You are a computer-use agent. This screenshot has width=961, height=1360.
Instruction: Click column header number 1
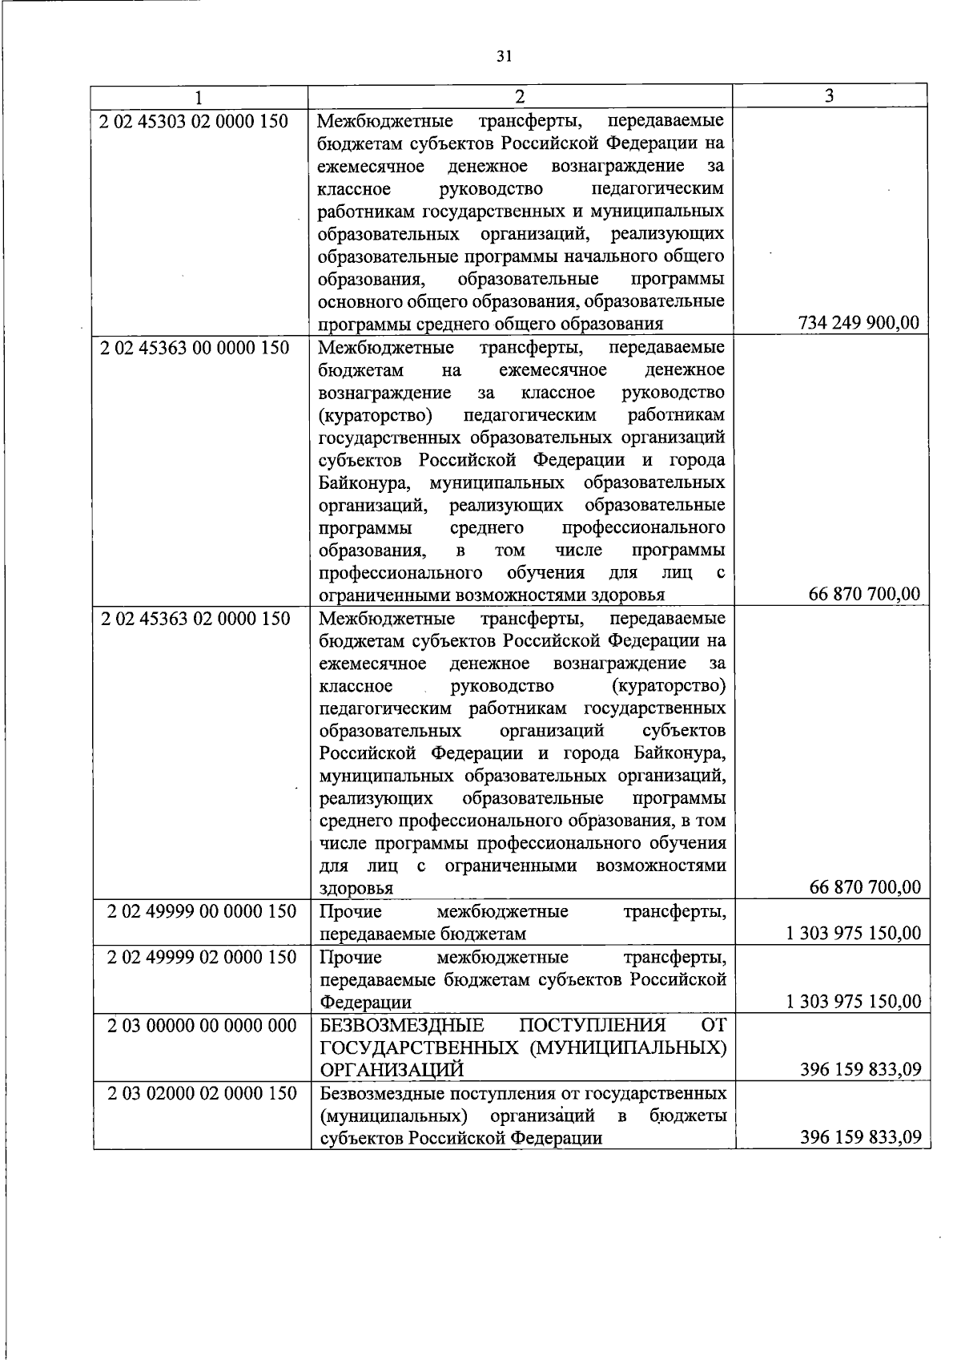[198, 97]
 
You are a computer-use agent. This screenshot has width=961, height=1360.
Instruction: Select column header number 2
[521, 97]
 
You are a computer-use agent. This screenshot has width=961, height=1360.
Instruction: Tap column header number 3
[830, 95]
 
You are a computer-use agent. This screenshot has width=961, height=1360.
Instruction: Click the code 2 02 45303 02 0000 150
[193, 122]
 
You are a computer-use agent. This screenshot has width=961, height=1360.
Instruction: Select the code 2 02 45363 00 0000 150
[194, 348]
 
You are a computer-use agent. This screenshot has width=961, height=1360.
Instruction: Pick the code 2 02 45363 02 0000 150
[195, 619]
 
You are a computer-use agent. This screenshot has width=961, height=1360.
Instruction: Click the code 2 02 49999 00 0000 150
[202, 912]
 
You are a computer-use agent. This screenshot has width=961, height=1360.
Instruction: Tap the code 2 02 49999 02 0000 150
[202, 957]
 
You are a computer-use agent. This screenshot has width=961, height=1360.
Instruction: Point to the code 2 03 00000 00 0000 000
[202, 1025]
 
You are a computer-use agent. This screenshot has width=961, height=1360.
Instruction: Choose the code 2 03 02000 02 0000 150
[202, 1093]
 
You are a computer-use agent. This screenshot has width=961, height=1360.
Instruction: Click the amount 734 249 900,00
[858, 324]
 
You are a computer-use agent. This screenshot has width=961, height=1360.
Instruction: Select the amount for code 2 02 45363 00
[865, 595]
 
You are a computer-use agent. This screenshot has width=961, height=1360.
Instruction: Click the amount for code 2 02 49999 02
[853, 1002]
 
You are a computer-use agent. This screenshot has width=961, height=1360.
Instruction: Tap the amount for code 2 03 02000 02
[860, 1137]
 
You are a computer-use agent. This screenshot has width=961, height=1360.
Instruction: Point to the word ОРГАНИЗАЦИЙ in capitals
[392, 1071]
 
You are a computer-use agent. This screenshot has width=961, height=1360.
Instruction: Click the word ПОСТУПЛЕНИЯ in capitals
[592, 1026]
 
